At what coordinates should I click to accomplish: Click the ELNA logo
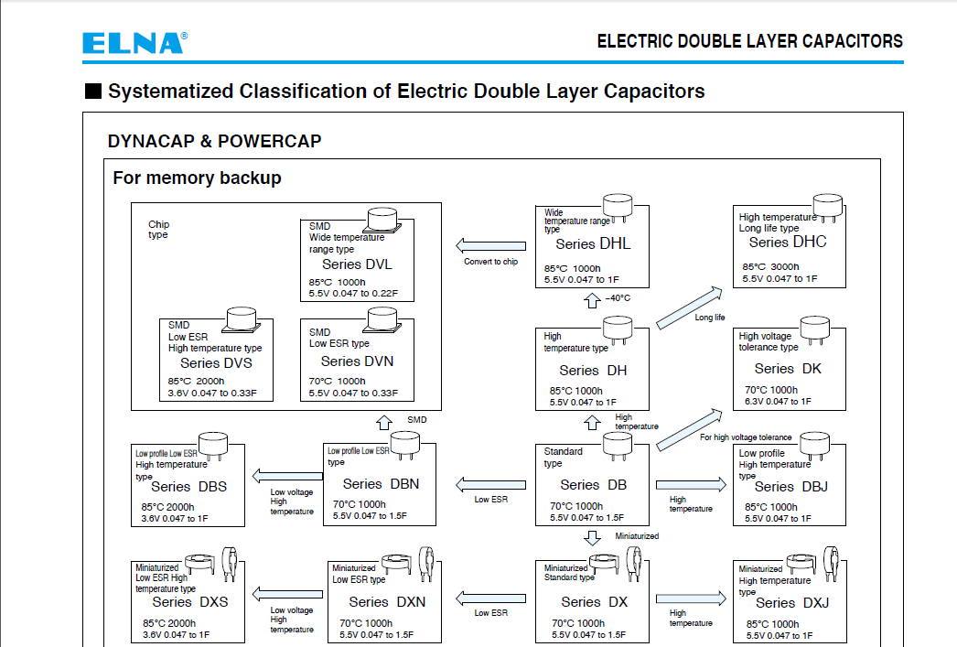coord(134,42)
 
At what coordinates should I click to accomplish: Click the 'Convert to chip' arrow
coord(491,245)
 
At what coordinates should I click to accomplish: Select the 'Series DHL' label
coord(593,244)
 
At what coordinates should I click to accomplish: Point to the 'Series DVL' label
coord(357,264)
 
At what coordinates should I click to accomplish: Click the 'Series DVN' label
coord(358,361)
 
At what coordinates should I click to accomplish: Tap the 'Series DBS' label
coord(188,487)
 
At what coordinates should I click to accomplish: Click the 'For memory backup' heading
coord(197,178)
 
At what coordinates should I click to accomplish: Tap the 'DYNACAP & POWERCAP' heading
coord(214,142)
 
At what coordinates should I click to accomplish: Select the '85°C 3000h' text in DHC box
coord(770,267)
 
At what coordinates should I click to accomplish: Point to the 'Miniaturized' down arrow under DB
coord(593,536)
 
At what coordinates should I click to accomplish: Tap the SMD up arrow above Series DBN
coord(384,423)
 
